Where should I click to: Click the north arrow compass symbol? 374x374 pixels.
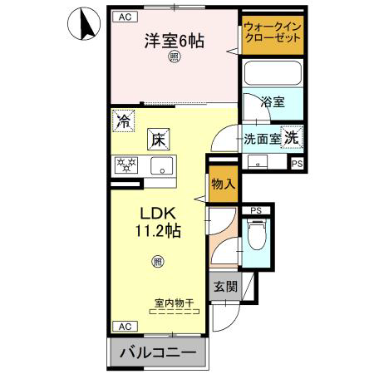click(84, 23)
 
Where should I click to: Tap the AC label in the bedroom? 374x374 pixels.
click(125, 17)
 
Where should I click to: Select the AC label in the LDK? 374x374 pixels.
click(125, 327)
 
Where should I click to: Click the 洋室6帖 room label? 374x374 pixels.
click(175, 41)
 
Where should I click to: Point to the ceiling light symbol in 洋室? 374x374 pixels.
click(174, 57)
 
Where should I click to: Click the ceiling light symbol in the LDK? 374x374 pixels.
click(157, 262)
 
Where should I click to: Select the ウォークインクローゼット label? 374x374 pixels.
click(273, 32)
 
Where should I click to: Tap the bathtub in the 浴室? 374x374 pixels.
click(273, 73)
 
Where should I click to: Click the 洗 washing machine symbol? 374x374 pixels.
click(292, 137)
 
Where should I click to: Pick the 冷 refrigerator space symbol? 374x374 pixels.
click(124, 121)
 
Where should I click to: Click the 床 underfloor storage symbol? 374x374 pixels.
click(158, 140)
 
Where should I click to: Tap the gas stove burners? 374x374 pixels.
click(126, 165)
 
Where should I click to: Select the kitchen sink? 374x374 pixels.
click(162, 165)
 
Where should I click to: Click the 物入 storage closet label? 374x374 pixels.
click(224, 184)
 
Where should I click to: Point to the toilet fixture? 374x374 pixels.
click(257, 234)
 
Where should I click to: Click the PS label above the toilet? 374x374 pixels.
click(256, 211)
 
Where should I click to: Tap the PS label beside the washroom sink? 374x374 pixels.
click(298, 164)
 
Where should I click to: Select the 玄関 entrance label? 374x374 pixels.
click(225, 286)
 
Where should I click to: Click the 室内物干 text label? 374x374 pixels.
click(175, 303)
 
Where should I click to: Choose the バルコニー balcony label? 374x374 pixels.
click(158, 352)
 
